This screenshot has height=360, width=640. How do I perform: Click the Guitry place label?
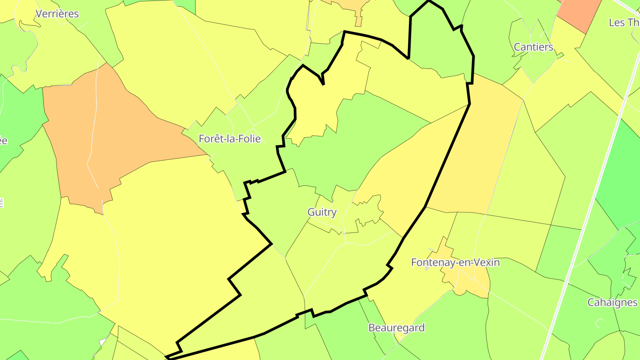322,212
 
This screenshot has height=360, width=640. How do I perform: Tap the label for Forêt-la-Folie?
229,139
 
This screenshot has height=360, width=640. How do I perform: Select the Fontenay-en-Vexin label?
455,263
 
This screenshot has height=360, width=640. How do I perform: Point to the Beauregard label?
396,328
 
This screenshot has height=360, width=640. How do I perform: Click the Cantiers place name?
533,47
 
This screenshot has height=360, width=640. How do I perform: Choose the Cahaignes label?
612,303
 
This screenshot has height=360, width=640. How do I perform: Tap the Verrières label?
57,14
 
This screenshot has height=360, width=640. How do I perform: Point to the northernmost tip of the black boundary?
429,1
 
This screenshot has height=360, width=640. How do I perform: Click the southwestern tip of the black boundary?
167,357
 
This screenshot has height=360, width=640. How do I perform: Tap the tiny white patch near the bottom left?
103,342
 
